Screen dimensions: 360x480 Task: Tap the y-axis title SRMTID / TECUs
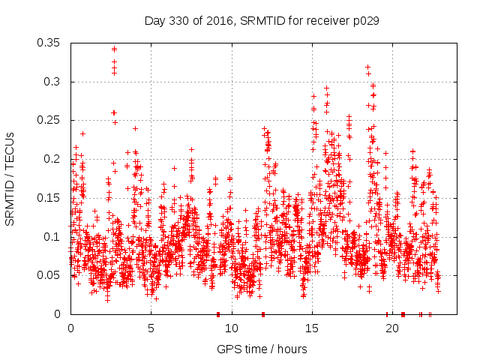click(x=10, y=178)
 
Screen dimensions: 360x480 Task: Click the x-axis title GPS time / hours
click(x=262, y=349)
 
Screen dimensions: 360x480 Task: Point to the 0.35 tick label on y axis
click(x=50, y=43)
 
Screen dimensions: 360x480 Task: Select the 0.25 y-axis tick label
click(x=50, y=120)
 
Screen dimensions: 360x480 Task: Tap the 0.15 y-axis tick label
click(x=50, y=198)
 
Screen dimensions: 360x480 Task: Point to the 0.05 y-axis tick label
click(x=50, y=275)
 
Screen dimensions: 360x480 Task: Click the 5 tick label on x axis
click(x=151, y=328)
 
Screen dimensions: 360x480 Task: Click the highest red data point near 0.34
click(x=114, y=49)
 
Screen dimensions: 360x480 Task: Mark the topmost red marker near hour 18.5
click(x=367, y=67)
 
